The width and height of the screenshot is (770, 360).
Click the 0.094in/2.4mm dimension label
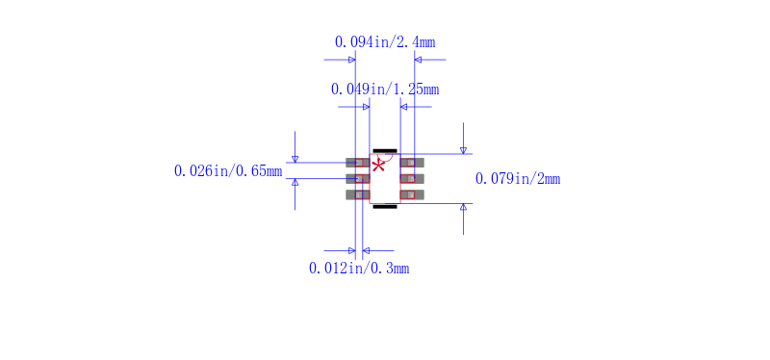(384, 42)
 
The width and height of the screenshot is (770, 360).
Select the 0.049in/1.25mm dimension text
(384, 90)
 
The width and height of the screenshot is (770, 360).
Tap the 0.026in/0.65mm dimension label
(228, 171)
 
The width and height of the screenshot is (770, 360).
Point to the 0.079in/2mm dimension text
(518, 179)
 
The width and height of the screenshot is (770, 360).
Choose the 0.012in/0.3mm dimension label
(358, 269)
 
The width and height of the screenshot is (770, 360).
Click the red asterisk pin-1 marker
(377, 165)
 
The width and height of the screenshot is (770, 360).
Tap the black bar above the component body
(385, 151)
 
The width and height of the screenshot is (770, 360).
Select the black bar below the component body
(385, 207)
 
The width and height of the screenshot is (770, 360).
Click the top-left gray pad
(357, 163)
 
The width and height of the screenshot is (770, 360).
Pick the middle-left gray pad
(357, 179)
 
